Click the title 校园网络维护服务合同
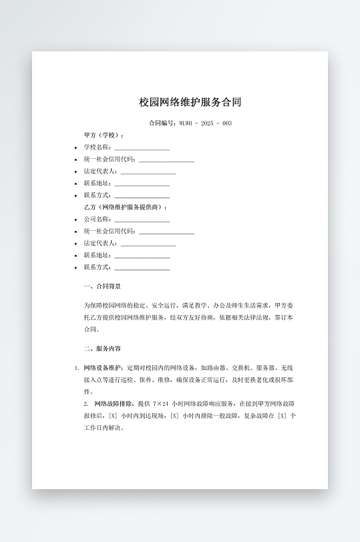point(190,102)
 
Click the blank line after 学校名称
point(142,148)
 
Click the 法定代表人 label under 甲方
point(101,172)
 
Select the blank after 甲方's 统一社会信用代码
point(166,160)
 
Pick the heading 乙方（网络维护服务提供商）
point(125,208)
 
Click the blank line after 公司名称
point(142,220)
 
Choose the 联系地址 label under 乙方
point(98,256)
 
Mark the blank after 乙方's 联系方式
point(142,268)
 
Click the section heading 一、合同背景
point(102,286)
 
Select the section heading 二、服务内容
point(102,348)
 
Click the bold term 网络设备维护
point(103,368)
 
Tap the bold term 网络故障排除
point(114,404)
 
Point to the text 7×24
point(160,404)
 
